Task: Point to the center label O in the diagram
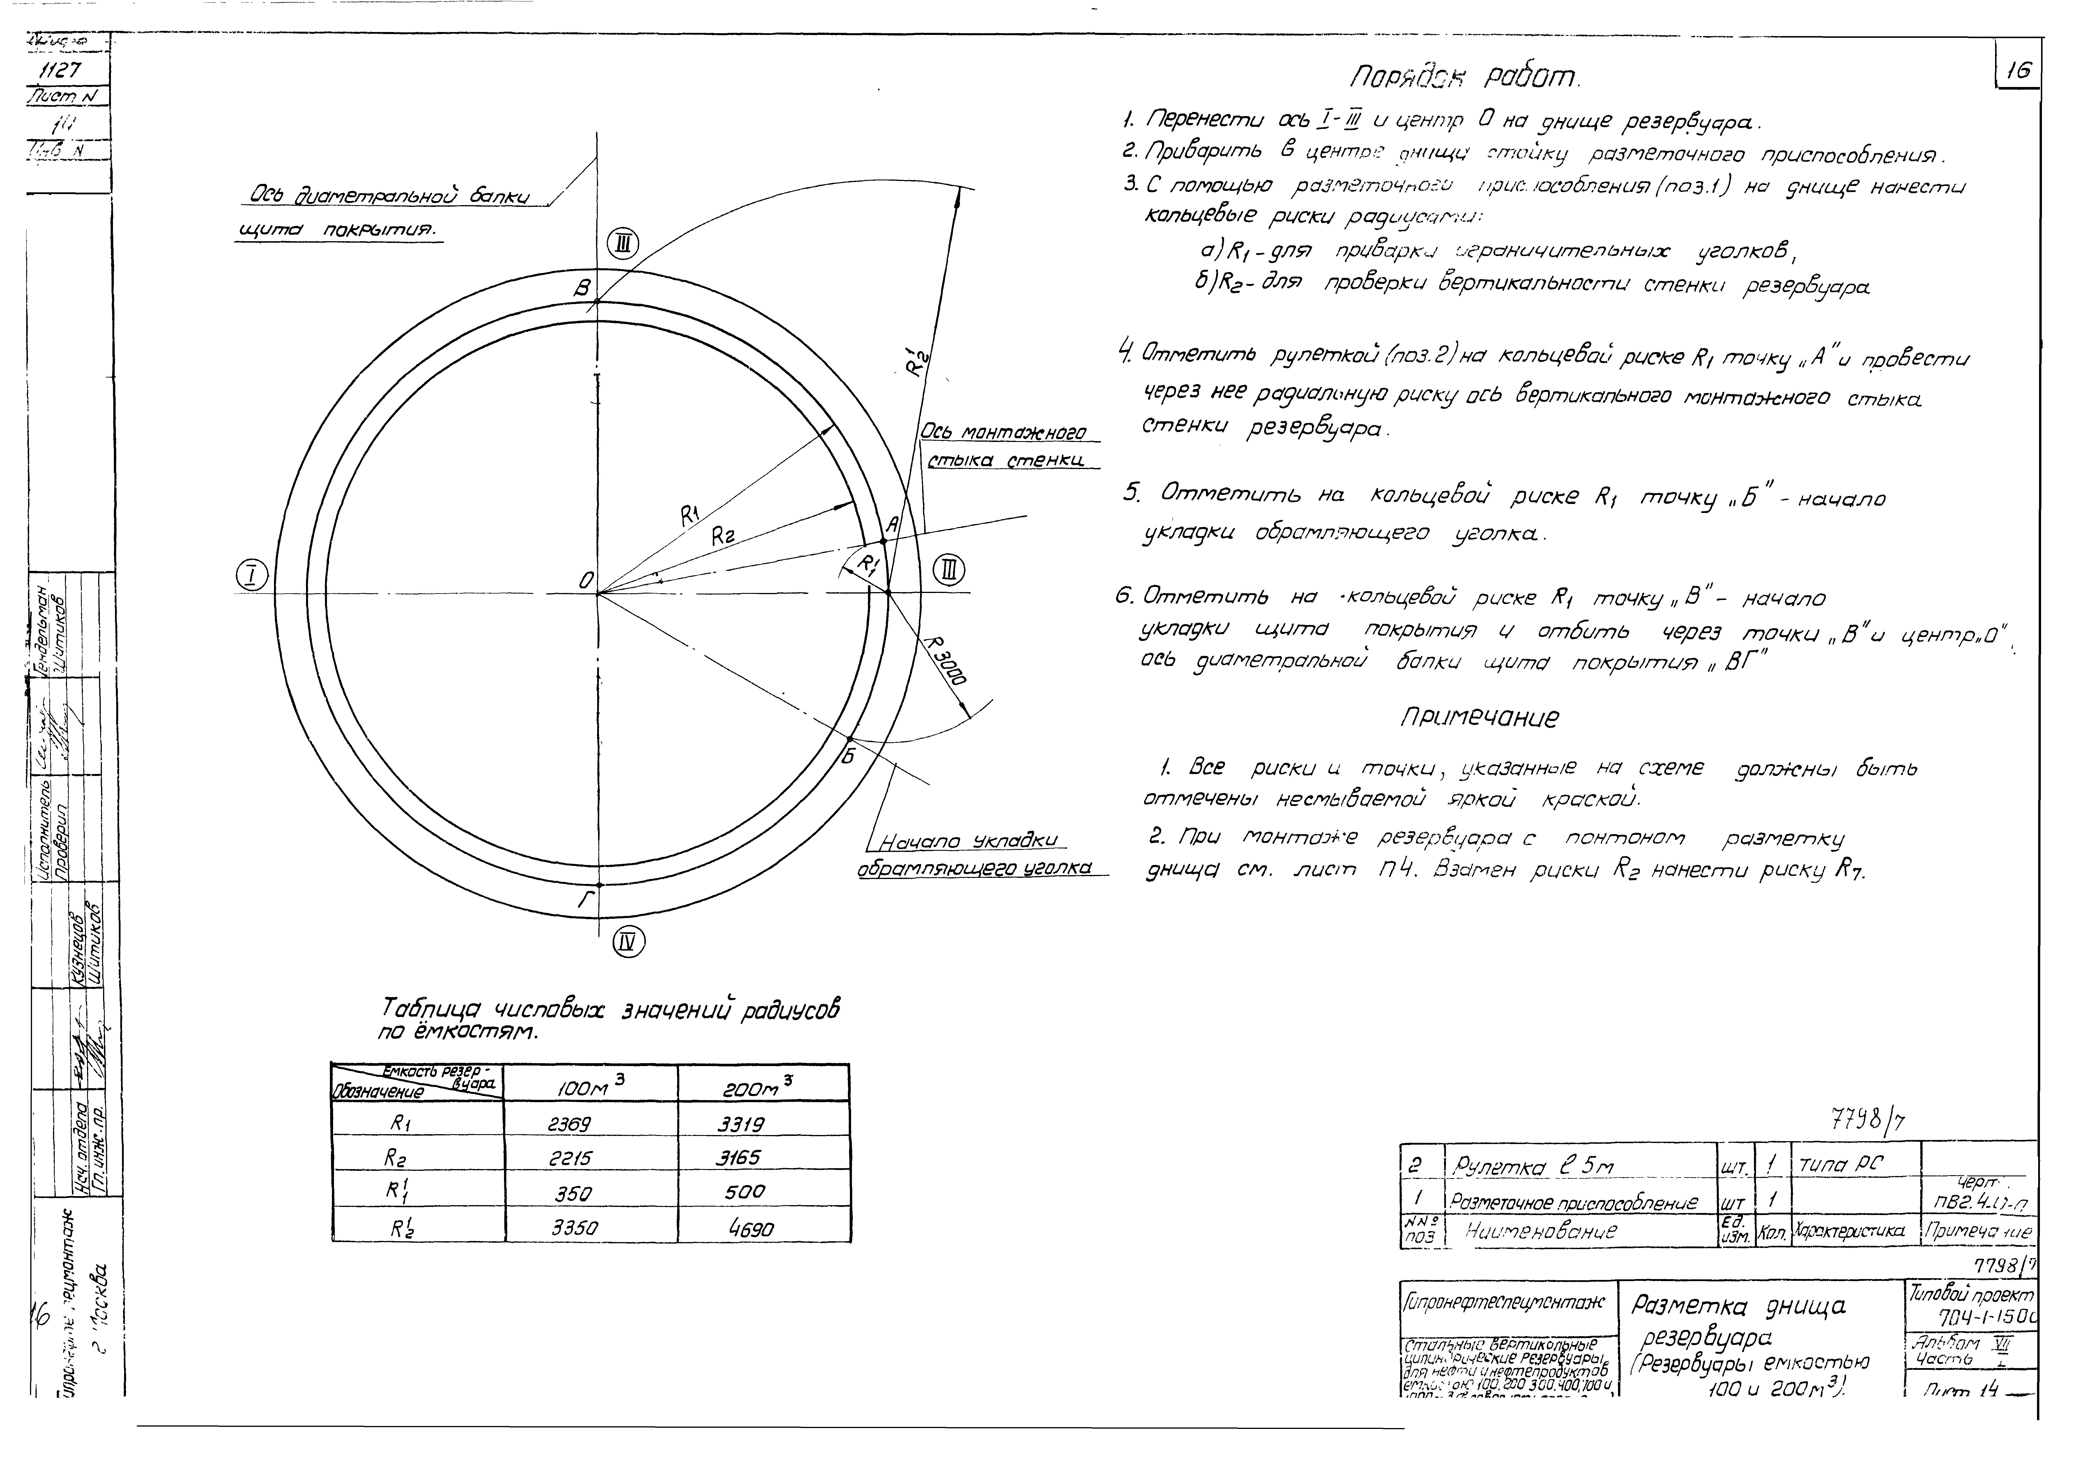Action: [x=586, y=580]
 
